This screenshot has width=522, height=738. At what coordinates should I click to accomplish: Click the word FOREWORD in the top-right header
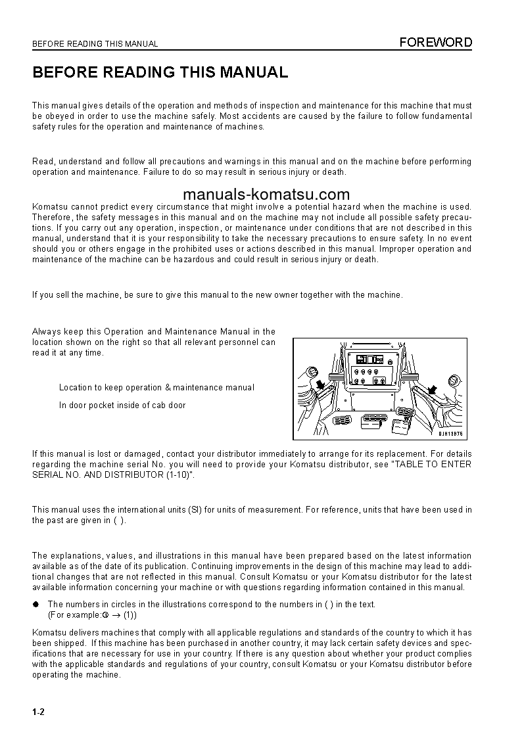click(436, 43)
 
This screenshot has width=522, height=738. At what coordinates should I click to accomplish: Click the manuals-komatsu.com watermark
click(266, 195)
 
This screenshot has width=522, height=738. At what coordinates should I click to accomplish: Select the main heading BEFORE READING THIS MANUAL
click(160, 72)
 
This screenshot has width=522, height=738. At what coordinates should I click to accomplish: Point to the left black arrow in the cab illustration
click(320, 382)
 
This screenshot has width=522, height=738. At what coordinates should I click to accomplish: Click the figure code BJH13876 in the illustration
click(451, 434)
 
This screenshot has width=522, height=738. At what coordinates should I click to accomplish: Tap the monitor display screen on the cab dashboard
click(370, 359)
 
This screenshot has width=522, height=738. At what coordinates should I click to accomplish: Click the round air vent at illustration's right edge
click(452, 381)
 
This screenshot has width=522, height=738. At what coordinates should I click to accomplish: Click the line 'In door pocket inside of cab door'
click(122, 405)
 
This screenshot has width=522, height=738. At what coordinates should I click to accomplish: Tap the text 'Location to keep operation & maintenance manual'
click(156, 388)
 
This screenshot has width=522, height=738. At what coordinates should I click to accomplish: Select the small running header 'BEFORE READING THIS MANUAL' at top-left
click(95, 44)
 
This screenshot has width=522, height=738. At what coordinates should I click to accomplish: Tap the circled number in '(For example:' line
click(105, 615)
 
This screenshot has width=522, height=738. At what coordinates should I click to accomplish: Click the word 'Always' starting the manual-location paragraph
click(45, 332)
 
